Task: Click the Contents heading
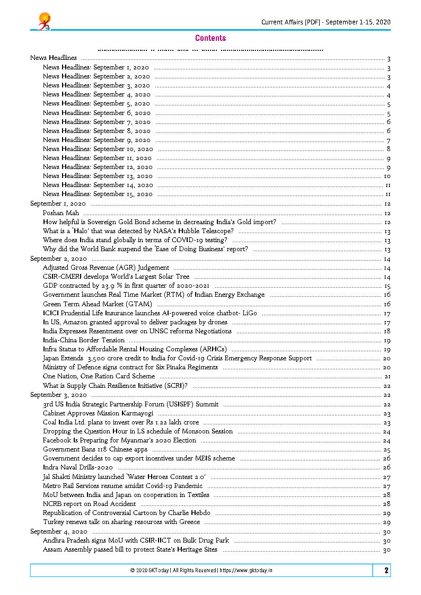point(210,38)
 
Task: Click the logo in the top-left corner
point(44,22)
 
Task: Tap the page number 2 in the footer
point(387,570)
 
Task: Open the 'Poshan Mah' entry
point(60,213)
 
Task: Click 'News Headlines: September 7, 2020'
point(97,122)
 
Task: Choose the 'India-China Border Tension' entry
point(84,340)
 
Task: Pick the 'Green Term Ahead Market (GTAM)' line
point(98,304)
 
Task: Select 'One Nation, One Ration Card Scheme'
point(99,376)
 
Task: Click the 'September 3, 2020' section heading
point(58,395)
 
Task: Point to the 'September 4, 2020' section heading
point(58,531)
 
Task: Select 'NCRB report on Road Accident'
point(89,504)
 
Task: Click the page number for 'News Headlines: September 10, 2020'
point(388,149)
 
